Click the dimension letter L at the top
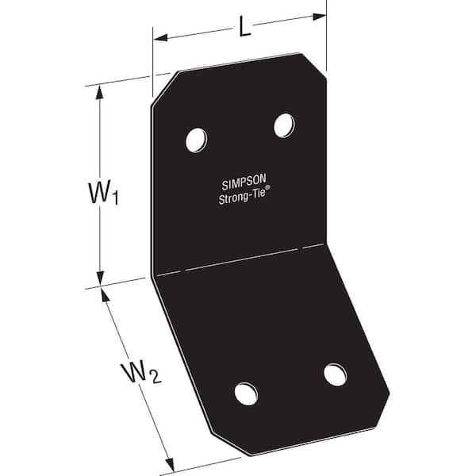(x=244, y=27)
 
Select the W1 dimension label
(x=103, y=193)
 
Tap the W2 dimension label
(x=141, y=373)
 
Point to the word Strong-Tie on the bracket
(x=242, y=197)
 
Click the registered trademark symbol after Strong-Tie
(x=268, y=187)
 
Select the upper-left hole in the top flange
(x=196, y=140)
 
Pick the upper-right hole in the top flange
(x=284, y=125)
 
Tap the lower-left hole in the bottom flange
(x=246, y=394)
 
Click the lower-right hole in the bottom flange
(x=335, y=374)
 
